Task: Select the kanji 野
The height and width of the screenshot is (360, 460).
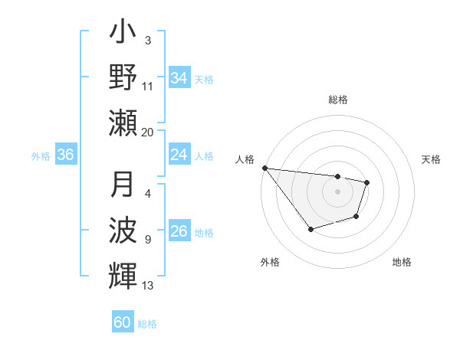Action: (x=123, y=79)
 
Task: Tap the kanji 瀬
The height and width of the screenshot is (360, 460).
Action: (x=123, y=122)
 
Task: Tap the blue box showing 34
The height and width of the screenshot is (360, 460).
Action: (x=179, y=77)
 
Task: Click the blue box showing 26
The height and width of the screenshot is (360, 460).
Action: (x=179, y=231)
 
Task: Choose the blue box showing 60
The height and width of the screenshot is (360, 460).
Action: (x=123, y=323)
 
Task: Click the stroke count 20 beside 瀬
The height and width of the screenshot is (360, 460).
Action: (x=148, y=132)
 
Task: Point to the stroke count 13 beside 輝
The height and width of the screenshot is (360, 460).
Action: (x=148, y=286)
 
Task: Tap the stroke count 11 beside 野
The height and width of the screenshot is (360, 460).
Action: (x=148, y=87)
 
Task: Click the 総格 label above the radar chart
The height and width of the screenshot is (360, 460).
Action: (x=337, y=100)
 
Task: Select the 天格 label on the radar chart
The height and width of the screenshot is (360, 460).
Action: (x=431, y=159)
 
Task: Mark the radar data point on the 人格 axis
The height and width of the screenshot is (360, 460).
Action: (x=264, y=168)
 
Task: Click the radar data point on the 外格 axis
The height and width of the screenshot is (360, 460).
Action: (x=310, y=229)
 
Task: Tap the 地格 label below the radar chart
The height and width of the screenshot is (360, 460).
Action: (x=402, y=262)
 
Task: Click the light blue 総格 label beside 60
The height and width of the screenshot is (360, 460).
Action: (x=147, y=324)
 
